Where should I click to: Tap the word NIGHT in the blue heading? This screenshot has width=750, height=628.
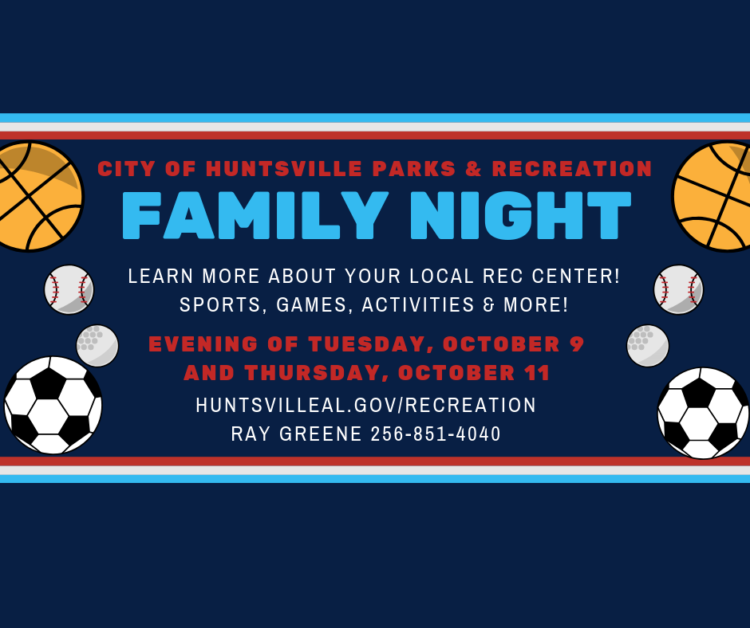coord(520,215)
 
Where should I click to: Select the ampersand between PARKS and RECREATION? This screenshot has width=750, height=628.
coord(473,169)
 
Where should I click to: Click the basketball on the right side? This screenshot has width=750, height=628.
coord(711,196)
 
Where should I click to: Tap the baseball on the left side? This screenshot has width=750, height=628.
coord(69,289)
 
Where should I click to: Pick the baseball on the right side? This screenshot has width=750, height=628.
coord(679,289)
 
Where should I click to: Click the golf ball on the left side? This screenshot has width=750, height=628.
coord(97,346)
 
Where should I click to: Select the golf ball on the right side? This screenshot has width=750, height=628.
coord(648,346)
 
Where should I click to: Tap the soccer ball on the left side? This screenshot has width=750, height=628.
coord(53,406)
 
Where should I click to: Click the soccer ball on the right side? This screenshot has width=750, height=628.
coord(703,413)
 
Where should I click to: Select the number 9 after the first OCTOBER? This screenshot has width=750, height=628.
coord(577,344)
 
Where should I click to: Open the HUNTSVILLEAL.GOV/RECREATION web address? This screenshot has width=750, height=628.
coord(366,406)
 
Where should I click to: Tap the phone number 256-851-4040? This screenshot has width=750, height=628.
coord(436,434)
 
